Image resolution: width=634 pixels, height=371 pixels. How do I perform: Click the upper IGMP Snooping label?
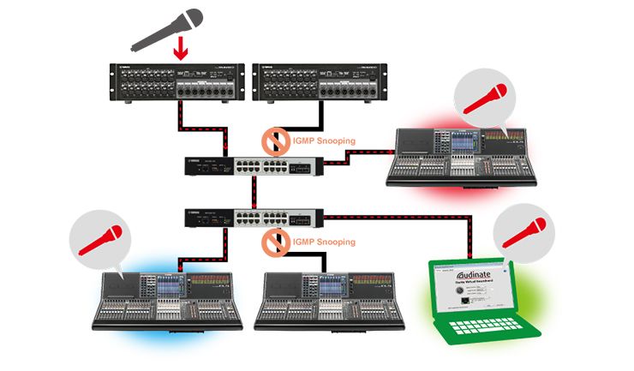323,141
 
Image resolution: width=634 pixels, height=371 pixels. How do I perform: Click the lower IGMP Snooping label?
323,242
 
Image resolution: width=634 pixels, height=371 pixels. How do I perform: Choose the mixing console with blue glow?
171,299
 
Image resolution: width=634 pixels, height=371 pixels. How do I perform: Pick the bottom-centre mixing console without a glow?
335,299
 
